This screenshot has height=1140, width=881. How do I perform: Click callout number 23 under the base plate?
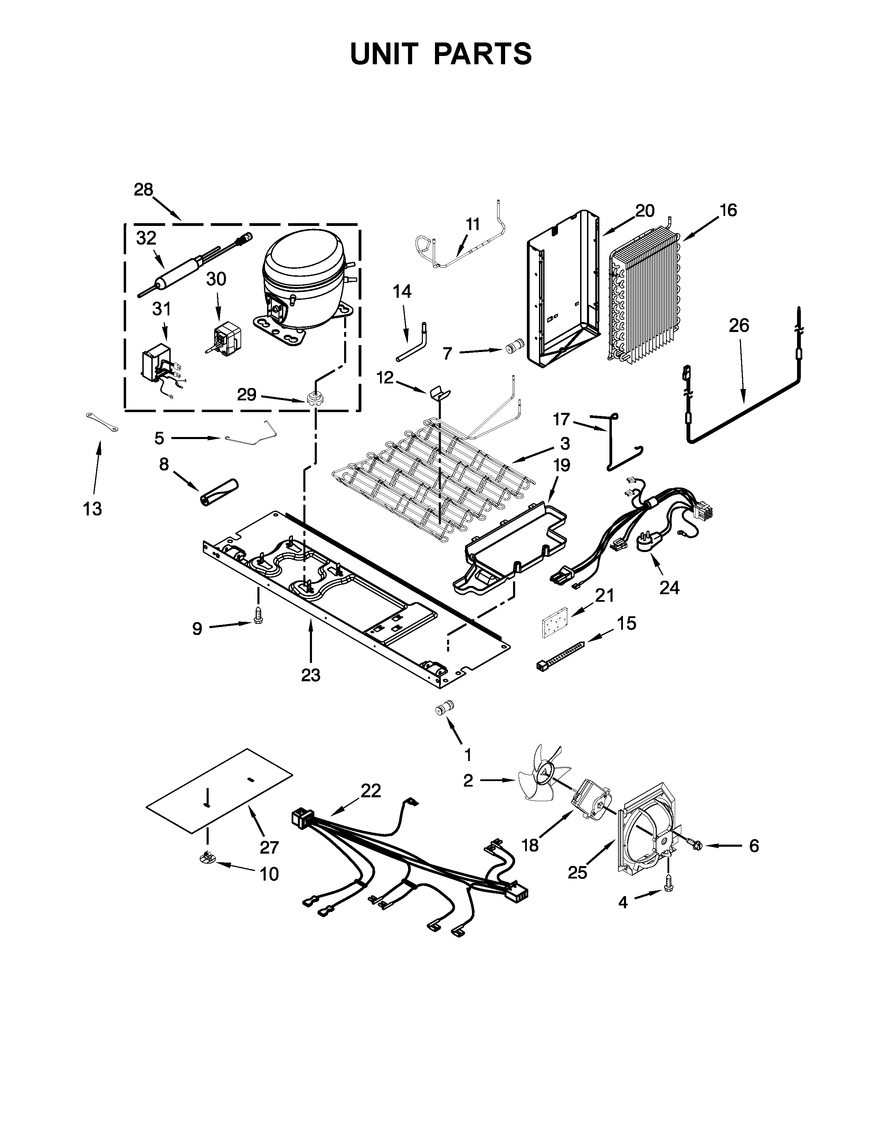click(x=311, y=675)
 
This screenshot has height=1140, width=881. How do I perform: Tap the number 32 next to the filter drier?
click(x=146, y=238)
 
